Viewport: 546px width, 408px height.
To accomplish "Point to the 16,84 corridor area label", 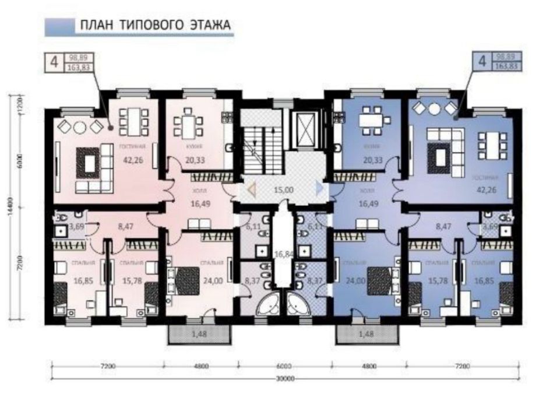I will click(x=283, y=253).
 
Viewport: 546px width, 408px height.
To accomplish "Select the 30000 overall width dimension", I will click(x=285, y=379).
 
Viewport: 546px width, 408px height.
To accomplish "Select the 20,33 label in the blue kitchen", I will click(x=370, y=160).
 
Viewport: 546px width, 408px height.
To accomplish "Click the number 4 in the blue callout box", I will click(x=482, y=61).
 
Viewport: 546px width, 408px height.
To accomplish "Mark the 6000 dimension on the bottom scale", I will click(x=284, y=367).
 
